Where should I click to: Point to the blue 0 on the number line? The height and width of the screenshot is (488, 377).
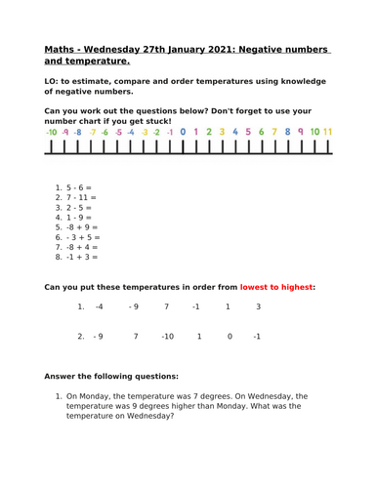(182, 131)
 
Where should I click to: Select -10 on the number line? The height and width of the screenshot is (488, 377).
(51, 131)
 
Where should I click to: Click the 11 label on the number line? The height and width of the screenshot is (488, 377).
(328, 131)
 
